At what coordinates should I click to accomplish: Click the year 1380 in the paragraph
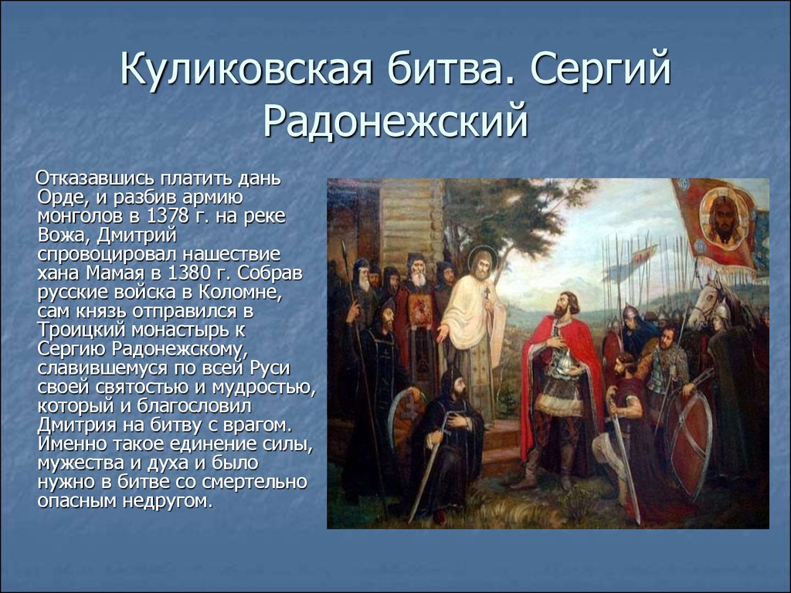(x=190, y=273)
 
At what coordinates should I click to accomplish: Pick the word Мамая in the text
(x=117, y=273)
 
